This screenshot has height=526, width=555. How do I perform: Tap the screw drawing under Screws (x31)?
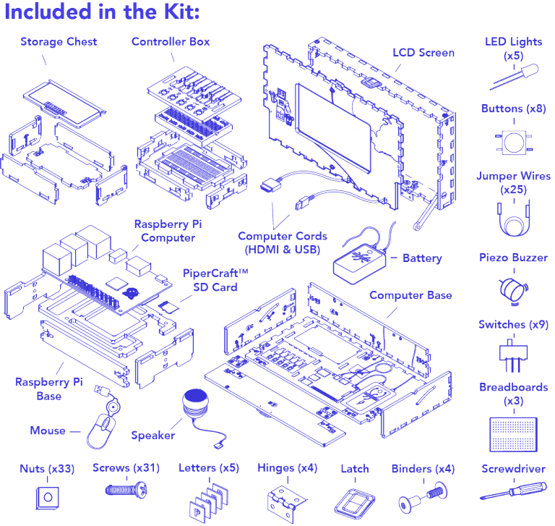(126, 490)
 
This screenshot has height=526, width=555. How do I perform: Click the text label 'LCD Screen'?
(423, 53)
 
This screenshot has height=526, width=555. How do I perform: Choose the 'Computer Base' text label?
(410, 295)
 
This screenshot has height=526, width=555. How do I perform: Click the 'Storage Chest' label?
(59, 41)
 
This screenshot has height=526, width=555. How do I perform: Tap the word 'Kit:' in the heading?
(176, 12)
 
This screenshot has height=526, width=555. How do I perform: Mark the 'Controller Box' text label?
(171, 41)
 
